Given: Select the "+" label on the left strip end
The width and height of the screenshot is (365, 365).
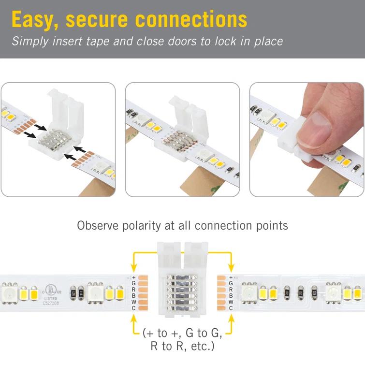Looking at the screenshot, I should pyautogui.click(x=133, y=277).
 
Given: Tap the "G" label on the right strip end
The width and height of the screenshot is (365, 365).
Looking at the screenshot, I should pyautogui.click(x=231, y=283).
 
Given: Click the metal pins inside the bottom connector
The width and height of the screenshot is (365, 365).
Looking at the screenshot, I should pyautogui.click(x=182, y=292).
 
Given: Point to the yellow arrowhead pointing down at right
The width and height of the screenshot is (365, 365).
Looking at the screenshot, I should pyautogui.click(x=231, y=267).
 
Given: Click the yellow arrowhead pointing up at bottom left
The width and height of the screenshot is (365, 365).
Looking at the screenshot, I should pyautogui.click(x=133, y=319).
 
